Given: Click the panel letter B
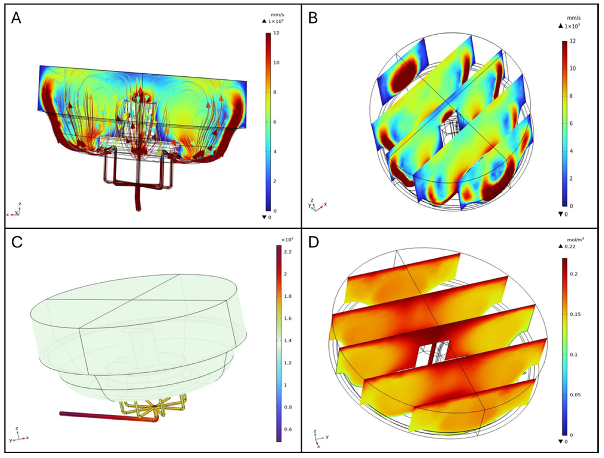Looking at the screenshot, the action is (x=313, y=18).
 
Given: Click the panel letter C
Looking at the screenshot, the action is (x=17, y=242).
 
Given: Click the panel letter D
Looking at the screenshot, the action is (x=313, y=242).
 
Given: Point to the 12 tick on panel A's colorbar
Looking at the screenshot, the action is (x=276, y=33).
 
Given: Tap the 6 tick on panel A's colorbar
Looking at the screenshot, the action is (x=275, y=122).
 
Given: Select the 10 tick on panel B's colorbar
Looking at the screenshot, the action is (x=573, y=69).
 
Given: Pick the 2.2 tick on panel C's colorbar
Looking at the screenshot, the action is (x=288, y=252).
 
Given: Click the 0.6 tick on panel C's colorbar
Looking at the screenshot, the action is (x=288, y=429).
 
